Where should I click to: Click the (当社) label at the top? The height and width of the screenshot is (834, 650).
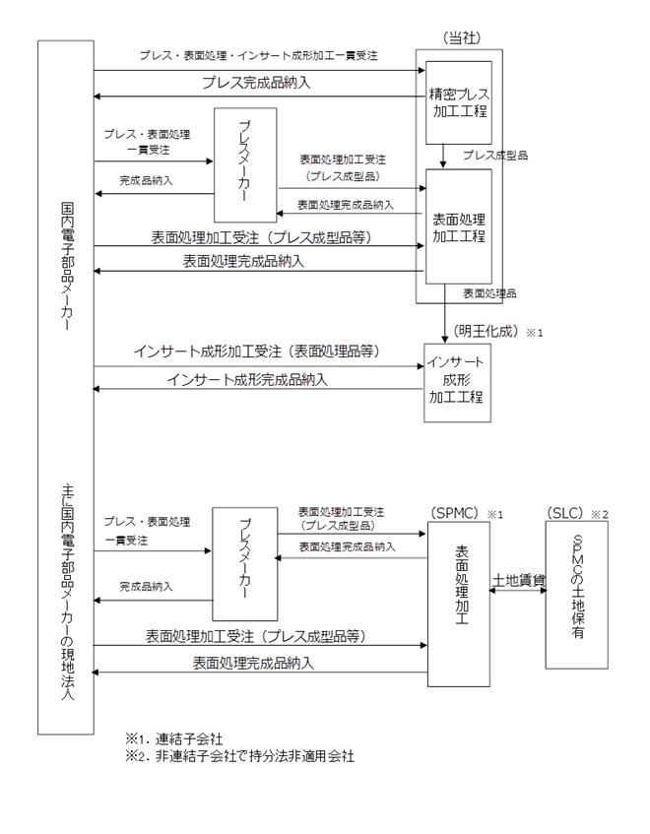coord(461,37)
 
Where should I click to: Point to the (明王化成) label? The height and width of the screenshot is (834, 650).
coord(487,331)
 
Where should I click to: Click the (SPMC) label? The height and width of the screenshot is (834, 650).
coord(454,513)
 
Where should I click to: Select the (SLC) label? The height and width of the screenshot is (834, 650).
coord(565,513)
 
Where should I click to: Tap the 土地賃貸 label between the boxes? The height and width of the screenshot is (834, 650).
coord(519,579)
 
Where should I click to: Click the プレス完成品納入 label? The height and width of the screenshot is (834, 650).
coord(256,83)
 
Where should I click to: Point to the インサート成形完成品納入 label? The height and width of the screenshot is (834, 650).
coord(247,379)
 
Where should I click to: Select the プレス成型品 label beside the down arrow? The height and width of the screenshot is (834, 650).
coord(495,155)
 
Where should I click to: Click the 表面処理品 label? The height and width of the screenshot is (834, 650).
coord(489,293)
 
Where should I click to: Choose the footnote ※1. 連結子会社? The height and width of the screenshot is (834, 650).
coord(174,738)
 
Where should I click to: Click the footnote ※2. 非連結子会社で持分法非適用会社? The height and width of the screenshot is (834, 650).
coord(239,756)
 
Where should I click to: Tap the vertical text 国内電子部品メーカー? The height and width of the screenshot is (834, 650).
coord(67,266)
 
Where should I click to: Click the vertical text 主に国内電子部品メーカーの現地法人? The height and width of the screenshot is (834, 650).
coord(67,592)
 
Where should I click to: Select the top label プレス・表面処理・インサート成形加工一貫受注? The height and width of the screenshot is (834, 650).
coord(258,55)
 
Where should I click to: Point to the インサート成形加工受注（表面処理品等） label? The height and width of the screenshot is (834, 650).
coord(256,352)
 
